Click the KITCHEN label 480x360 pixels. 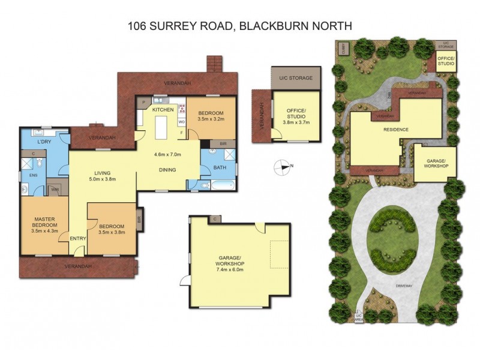[163, 110]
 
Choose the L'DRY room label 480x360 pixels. [43, 142]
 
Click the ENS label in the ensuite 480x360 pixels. [26, 175]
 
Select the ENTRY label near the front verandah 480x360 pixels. [78, 238]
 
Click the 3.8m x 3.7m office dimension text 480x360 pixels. [295, 123]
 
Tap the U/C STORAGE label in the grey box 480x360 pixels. [295, 77]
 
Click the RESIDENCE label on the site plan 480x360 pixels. [379, 129]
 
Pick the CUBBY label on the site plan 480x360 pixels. [343, 47]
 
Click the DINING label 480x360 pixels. [167, 170]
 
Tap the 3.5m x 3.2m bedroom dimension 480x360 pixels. [210, 119]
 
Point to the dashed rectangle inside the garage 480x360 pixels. [279, 254]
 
